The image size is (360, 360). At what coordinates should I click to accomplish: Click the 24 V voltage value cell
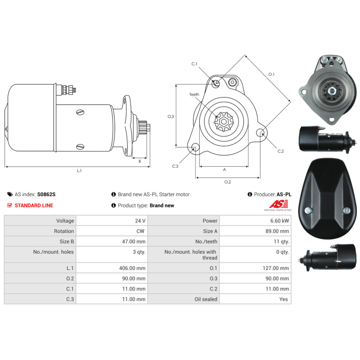coord(140,221)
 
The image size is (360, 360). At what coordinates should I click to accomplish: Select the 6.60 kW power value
coord(279,221)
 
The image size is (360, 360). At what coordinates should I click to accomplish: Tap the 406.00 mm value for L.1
coord(132,268)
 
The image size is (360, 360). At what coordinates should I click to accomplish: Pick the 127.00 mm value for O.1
coord(276,268)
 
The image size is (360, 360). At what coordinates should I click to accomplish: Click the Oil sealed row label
coord(206,299)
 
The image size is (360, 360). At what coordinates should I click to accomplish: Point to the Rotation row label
coord(64,231)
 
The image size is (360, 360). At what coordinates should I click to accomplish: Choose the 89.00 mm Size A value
coord(277,231)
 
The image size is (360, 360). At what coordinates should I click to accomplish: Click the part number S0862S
coord(46,194)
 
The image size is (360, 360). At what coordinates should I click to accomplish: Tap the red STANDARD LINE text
coord(34,205)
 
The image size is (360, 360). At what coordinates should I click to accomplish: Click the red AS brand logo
coord(279,204)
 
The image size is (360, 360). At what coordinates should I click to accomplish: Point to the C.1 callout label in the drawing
coord(194,64)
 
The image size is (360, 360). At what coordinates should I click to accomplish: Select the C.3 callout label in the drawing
coord(175,166)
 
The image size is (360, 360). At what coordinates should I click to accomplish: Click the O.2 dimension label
coord(228,182)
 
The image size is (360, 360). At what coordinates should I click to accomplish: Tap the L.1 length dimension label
coord(79,171)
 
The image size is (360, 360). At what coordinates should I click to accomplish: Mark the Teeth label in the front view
coord(194,94)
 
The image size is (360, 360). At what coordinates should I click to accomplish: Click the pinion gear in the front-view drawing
coord(224,122)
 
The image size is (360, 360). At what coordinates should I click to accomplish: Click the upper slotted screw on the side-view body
coord(80,112)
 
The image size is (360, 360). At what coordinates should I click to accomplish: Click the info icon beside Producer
coord(250,194)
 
